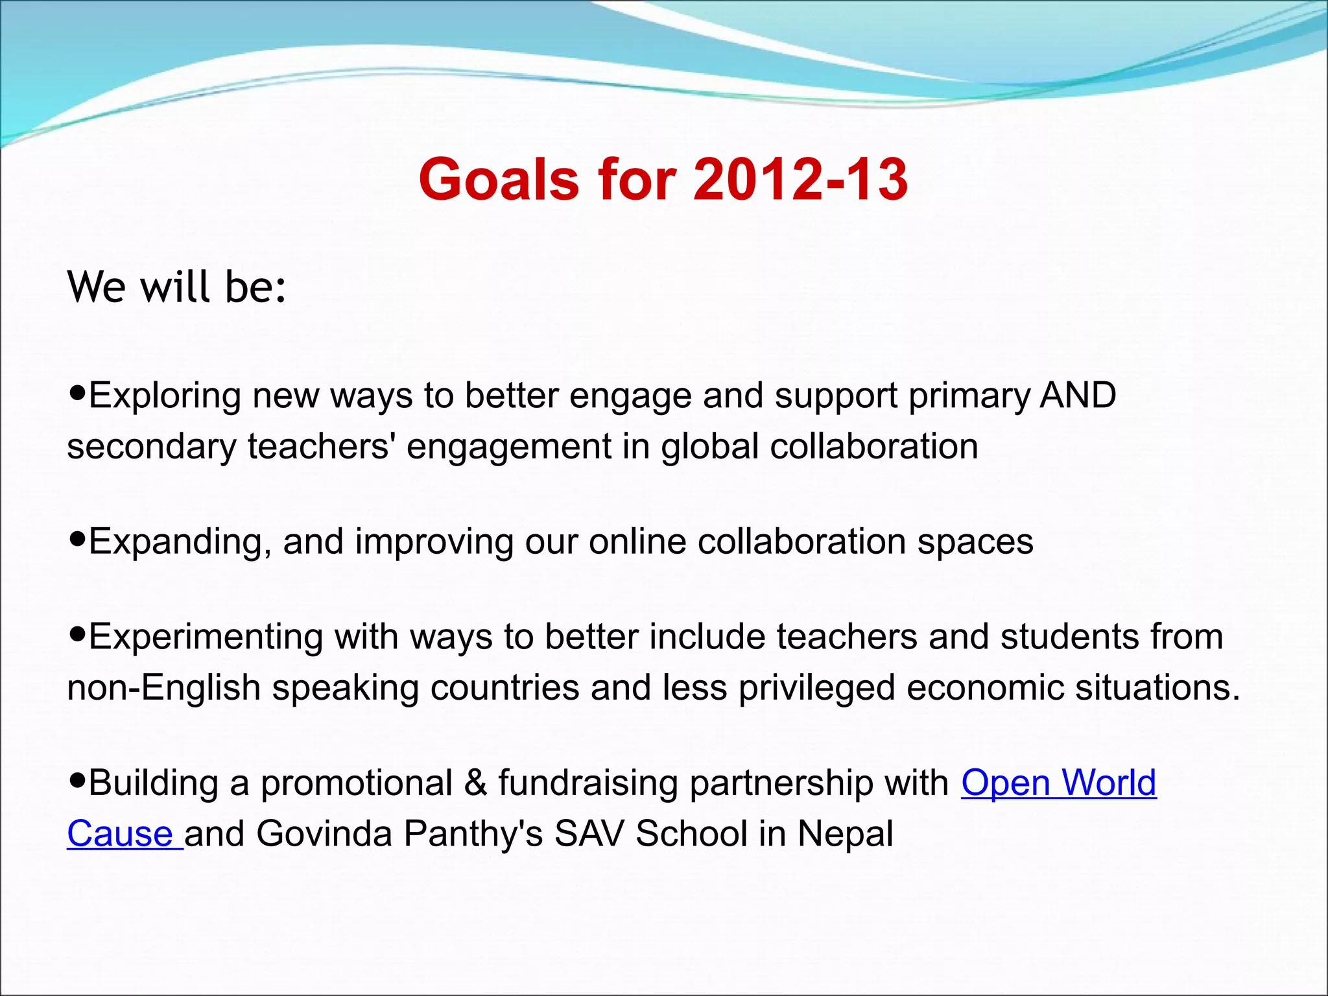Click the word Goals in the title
click(498, 179)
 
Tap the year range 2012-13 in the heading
click(800, 179)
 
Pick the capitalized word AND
click(1078, 395)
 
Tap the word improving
click(434, 541)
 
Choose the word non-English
click(163, 687)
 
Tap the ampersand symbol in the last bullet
click(475, 783)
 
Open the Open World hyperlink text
click(1058, 783)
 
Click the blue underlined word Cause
click(120, 834)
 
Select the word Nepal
click(845, 834)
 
